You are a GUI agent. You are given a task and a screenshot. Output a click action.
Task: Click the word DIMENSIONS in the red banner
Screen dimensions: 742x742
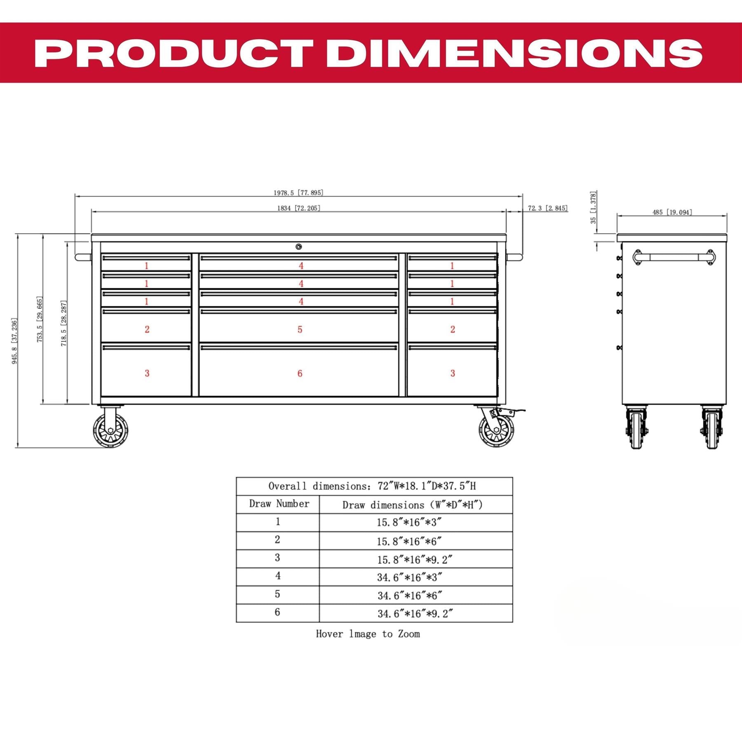pyautogui.click(x=514, y=53)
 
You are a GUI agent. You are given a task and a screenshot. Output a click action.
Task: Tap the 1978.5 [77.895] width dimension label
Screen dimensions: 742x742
pyautogui.click(x=298, y=193)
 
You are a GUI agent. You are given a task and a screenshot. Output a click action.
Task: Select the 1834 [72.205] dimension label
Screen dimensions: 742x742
pyautogui.click(x=298, y=208)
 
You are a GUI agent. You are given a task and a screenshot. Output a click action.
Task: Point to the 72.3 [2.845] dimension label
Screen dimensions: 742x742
pyautogui.click(x=548, y=208)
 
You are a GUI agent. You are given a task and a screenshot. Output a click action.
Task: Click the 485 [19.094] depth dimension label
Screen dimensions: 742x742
pyautogui.click(x=672, y=212)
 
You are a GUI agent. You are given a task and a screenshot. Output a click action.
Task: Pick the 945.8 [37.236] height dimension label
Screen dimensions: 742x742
pyautogui.click(x=14, y=341)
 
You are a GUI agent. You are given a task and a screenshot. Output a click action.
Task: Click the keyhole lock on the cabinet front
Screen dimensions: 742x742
pyautogui.click(x=298, y=247)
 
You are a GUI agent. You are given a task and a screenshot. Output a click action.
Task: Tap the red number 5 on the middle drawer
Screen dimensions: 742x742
pyautogui.click(x=300, y=329)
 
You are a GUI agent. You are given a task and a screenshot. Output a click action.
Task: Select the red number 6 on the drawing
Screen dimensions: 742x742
pyautogui.click(x=300, y=373)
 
